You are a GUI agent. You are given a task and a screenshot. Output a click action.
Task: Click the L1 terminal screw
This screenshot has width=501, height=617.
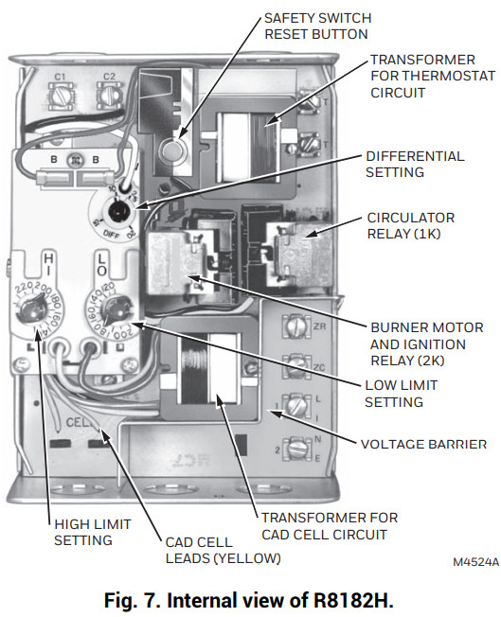(x=296, y=405)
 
